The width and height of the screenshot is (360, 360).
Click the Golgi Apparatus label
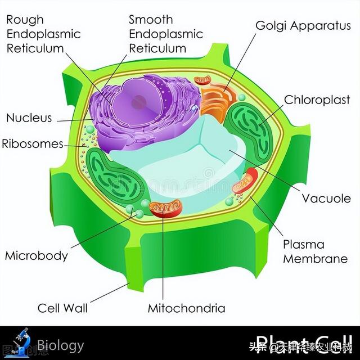click(x=303, y=26)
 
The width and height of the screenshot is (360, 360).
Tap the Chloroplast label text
click(x=316, y=100)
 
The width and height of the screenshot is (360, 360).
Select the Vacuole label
click(x=326, y=199)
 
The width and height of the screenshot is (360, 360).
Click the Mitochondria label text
click(x=186, y=308)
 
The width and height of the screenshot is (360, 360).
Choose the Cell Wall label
click(x=62, y=308)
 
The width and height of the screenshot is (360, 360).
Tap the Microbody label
click(x=37, y=255)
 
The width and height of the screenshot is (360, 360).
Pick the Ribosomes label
click(x=33, y=143)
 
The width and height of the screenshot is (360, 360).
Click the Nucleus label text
click(x=29, y=118)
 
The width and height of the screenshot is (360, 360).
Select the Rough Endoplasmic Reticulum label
click(x=43, y=34)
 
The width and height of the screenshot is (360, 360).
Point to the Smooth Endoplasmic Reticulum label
click(x=166, y=34)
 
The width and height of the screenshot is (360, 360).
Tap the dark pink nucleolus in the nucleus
click(x=140, y=102)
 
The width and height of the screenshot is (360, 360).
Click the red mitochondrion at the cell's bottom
click(x=165, y=208)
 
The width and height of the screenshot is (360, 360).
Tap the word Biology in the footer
click(x=61, y=345)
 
